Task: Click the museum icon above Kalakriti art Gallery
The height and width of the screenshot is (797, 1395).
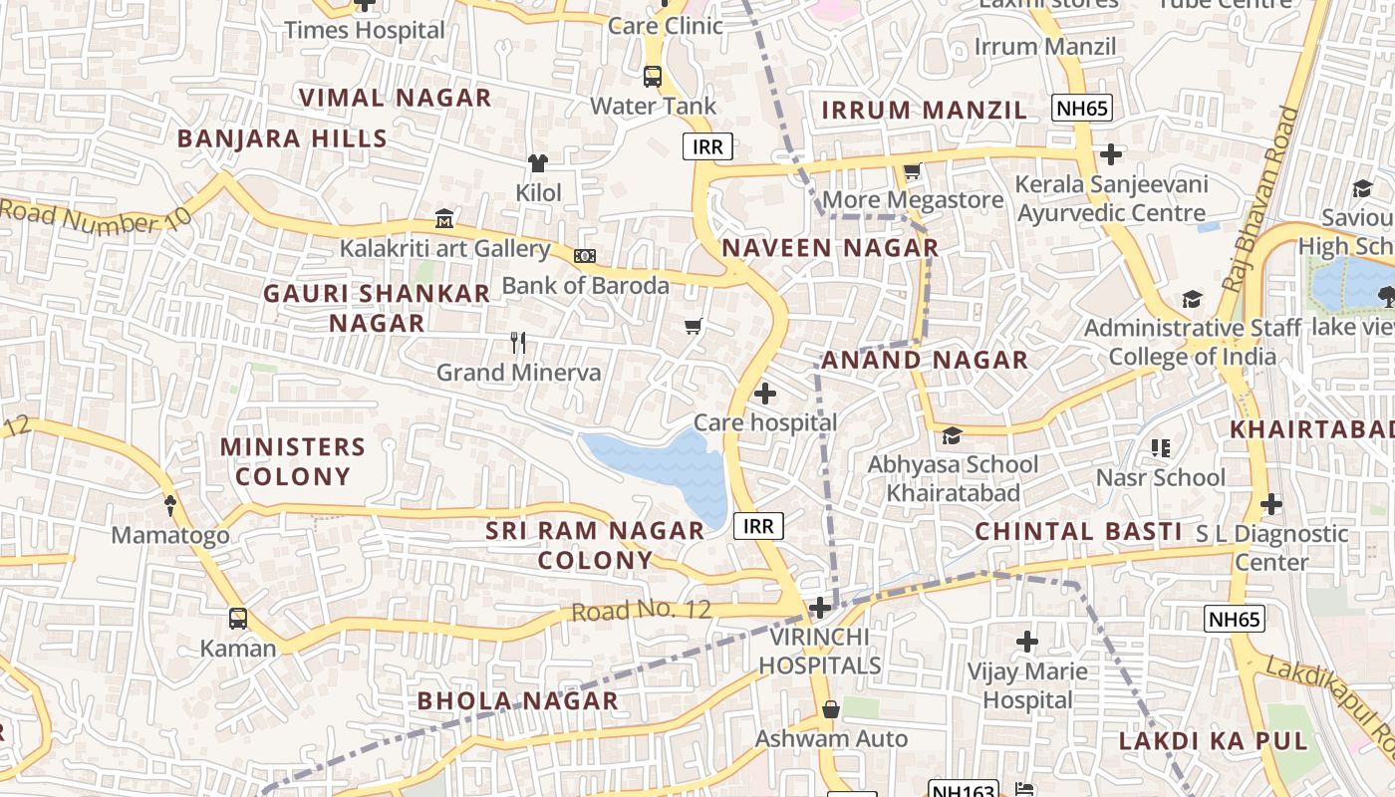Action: click(444, 218)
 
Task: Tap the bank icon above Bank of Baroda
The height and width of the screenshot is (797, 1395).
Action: click(585, 256)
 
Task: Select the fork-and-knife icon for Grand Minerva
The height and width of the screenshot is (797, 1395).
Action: click(517, 343)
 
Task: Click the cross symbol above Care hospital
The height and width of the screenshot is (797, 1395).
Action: click(764, 394)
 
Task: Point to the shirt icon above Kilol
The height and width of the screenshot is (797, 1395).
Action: click(538, 163)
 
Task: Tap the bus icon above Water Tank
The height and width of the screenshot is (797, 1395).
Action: click(653, 76)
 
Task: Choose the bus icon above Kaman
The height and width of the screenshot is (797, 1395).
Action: click(238, 619)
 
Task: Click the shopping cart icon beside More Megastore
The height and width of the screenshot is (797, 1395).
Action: click(912, 171)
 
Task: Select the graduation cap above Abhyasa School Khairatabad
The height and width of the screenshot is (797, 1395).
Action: click(952, 435)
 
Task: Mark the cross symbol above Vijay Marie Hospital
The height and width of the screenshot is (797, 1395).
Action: click(1027, 642)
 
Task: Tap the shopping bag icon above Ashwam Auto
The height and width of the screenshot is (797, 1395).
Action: click(830, 709)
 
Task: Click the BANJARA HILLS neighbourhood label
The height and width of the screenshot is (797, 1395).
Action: click(282, 138)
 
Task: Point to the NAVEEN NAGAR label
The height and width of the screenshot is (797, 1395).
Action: click(830, 248)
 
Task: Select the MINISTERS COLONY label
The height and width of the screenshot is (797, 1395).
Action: click(293, 461)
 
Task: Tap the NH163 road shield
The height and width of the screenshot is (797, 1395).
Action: click(963, 790)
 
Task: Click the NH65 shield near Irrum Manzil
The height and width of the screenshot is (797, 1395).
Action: click(1081, 109)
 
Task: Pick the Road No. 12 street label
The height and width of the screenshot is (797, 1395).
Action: click(641, 610)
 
